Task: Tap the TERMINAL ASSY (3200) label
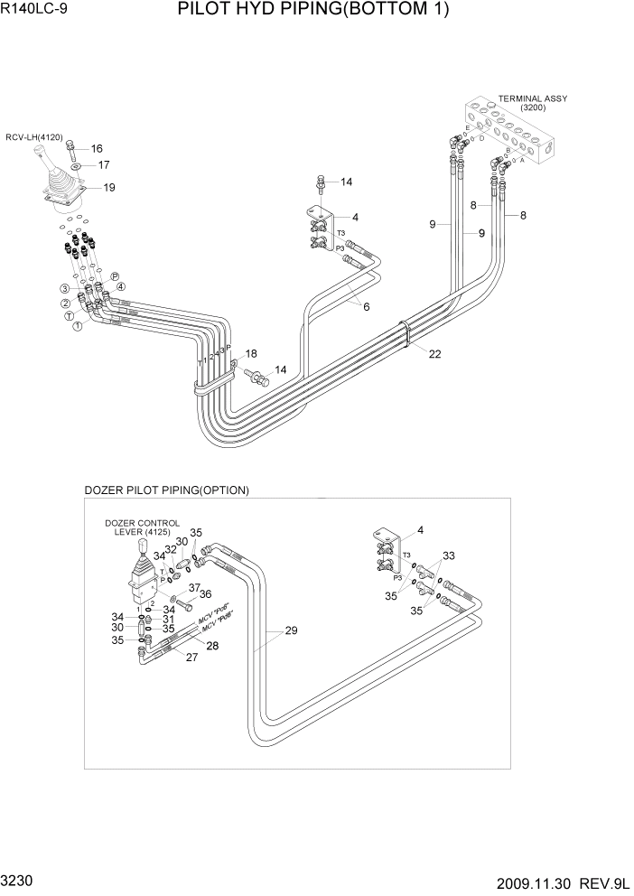[x=539, y=103]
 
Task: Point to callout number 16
[x=97, y=149]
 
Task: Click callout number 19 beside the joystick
[x=109, y=188]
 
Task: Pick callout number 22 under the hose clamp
[x=434, y=354]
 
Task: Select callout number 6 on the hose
[x=367, y=306]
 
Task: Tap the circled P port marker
[x=115, y=276]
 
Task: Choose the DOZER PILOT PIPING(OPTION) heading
[x=166, y=490]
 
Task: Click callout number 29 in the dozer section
[x=291, y=630]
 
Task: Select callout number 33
[x=449, y=556]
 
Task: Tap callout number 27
[x=191, y=658]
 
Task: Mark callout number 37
[x=193, y=587]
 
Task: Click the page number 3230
[x=19, y=879]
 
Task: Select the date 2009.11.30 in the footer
[x=535, y=881]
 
